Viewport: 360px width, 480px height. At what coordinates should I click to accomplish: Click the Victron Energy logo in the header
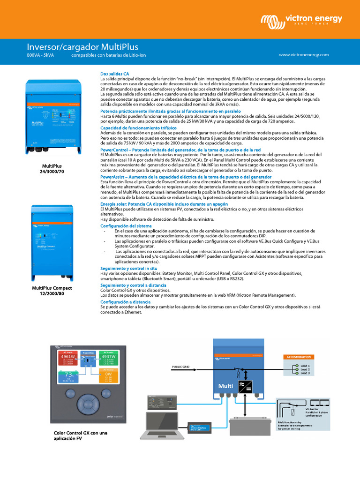click(301, 20)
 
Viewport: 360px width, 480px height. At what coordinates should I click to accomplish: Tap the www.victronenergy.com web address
click(304, 55)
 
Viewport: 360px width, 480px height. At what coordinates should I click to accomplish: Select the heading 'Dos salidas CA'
click(114, 74)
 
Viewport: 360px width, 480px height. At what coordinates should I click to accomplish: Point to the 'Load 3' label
click(305, 373)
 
